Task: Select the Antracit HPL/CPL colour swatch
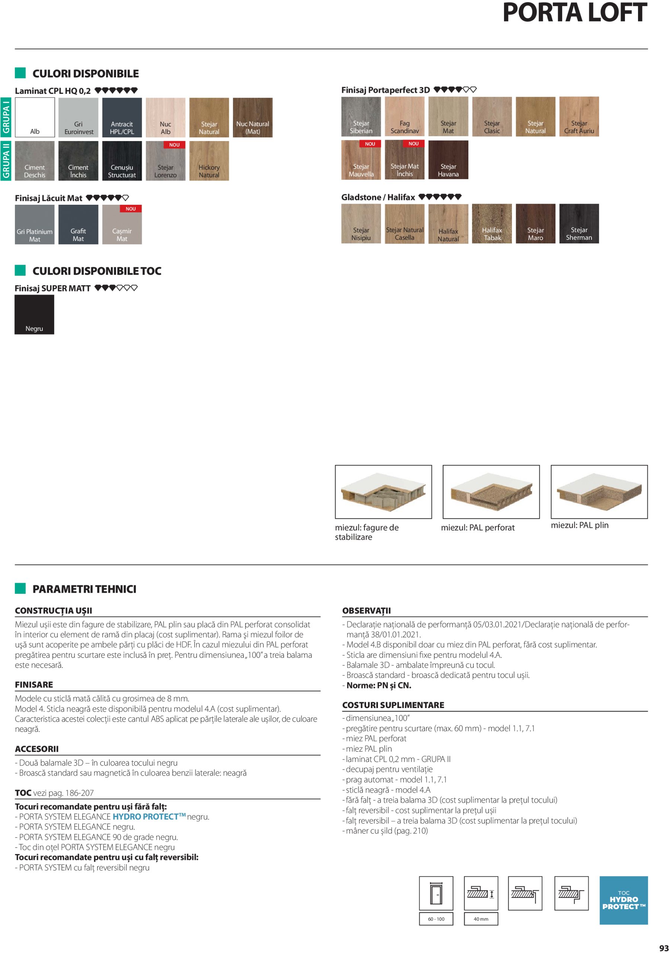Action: [122, 118]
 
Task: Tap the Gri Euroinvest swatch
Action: [78, 118]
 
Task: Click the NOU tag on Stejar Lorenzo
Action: [174, 145]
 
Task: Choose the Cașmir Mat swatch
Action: [122, 224]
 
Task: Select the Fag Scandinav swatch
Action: [404, 117]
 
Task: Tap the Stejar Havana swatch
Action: [448, 160]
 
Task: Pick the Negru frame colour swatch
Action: [35, 315]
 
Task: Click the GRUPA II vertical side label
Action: [6, 160]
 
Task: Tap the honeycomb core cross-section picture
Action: [383, 491]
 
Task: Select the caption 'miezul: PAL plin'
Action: [579, 525]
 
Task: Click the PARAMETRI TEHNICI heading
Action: [84, 589]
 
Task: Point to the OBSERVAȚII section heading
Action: [366, 611]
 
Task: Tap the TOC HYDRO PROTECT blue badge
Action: [623, 900]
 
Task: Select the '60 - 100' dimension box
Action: [436, 919]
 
